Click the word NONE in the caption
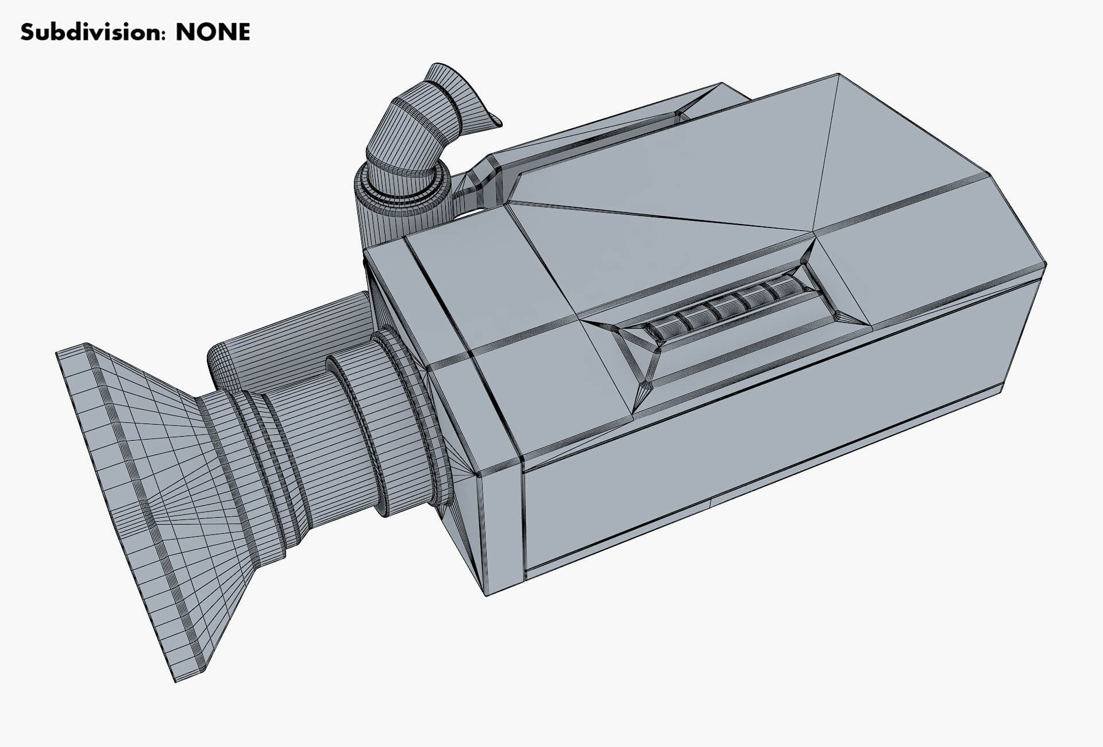(213, 32)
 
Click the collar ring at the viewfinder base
(402, 184)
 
